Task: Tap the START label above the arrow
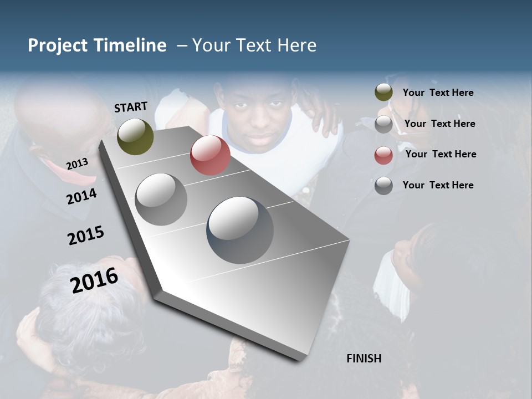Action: [x=131, y=107]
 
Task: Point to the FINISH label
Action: [x=364, y=359]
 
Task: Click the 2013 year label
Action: [x=77, y=164]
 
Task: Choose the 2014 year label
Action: [x=81, y=196]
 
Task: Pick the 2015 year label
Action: [x=86, y=236]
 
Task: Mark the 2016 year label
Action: [x=94, y=280]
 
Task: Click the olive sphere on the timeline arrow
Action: [x=135, y=136]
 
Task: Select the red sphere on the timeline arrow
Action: [x=210, y=155]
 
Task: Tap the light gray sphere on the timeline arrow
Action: [x=161, y=199]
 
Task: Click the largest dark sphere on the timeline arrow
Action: [x=240, y=230]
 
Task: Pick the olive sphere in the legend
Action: [x=383, y=93]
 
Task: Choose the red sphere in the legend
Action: [x=383, y=155]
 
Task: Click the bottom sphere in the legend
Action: [x=383, y=186]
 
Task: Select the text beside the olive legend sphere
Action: [x=438, y=93]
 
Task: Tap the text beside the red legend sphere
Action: [x=441, y=154]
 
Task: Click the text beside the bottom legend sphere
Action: [x=438, y=185]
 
